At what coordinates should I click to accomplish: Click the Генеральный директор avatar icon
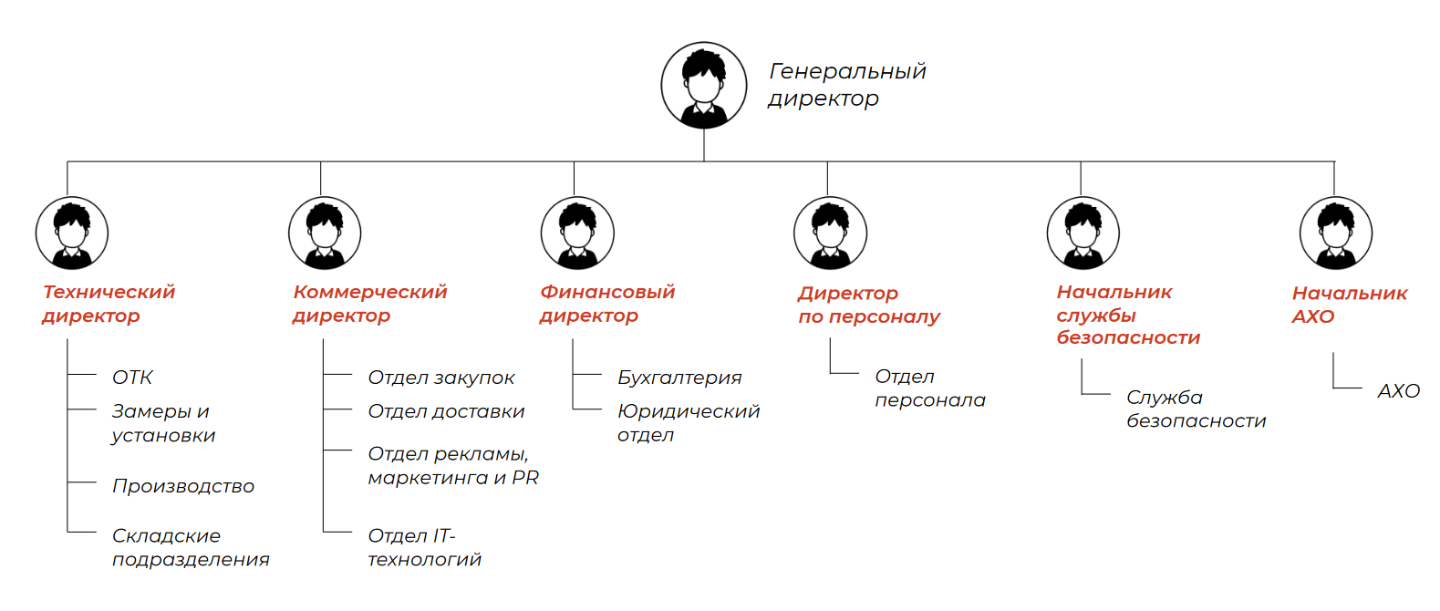tap(704, 85)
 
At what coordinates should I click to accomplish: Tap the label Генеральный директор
tap(847, 85)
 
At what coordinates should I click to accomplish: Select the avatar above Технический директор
tap(72, 233)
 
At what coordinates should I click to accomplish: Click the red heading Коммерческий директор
tap(369, 304)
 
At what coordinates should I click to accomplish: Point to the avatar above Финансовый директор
tap(577, 233)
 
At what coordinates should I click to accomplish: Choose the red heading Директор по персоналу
tap(868, 305)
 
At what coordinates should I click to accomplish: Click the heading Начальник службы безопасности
tap(1127, 315)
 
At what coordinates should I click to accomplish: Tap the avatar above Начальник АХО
tap(1335, 233)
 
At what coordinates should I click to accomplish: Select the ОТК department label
tap(132, 378)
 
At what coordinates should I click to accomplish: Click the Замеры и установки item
tap(163, 423)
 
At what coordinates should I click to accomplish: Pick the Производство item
tap(183, 486)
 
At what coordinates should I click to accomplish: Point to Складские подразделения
tap(191, 547)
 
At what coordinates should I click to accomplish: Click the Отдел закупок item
tap(441, 378)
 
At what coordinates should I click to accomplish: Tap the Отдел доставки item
tap(446, 411)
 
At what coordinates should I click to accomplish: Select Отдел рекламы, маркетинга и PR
tap(453, 465)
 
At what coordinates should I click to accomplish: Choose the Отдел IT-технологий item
tap(424, 547)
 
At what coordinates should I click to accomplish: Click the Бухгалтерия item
tap(679, 378)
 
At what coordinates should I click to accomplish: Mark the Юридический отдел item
tap(688, 423)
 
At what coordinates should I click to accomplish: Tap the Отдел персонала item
tap(929, 388)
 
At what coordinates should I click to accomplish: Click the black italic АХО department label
tap(1398, 391)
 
